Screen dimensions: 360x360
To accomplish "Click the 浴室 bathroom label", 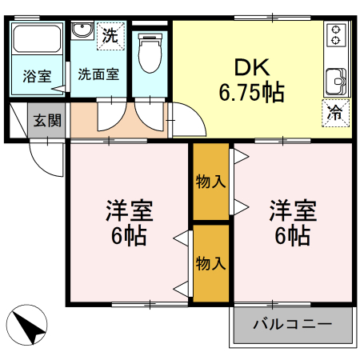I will coord(37,77).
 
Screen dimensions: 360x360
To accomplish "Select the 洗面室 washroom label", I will coord(98,74).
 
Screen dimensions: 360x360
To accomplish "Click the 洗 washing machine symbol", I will coord(111,34).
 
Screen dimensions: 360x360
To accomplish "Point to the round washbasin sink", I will coord(81,32).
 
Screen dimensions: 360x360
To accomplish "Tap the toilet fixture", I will coord(149,53).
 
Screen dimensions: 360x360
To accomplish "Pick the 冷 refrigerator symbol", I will coord(336,113).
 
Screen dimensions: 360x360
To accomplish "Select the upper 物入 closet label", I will coord(210,182).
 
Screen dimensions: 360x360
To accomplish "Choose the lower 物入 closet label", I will coord(210,262).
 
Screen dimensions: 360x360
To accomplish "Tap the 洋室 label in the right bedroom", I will coord(292,212).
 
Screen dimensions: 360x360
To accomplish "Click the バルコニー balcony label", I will coord(293,325).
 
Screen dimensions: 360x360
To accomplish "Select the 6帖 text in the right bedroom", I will coord(292,237).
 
